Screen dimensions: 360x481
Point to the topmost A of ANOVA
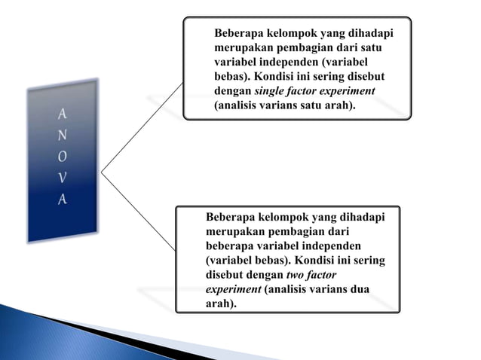pyautogui.click(x=62, y=114)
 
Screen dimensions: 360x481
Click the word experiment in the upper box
pyautogui.click(x=349, y=91)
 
